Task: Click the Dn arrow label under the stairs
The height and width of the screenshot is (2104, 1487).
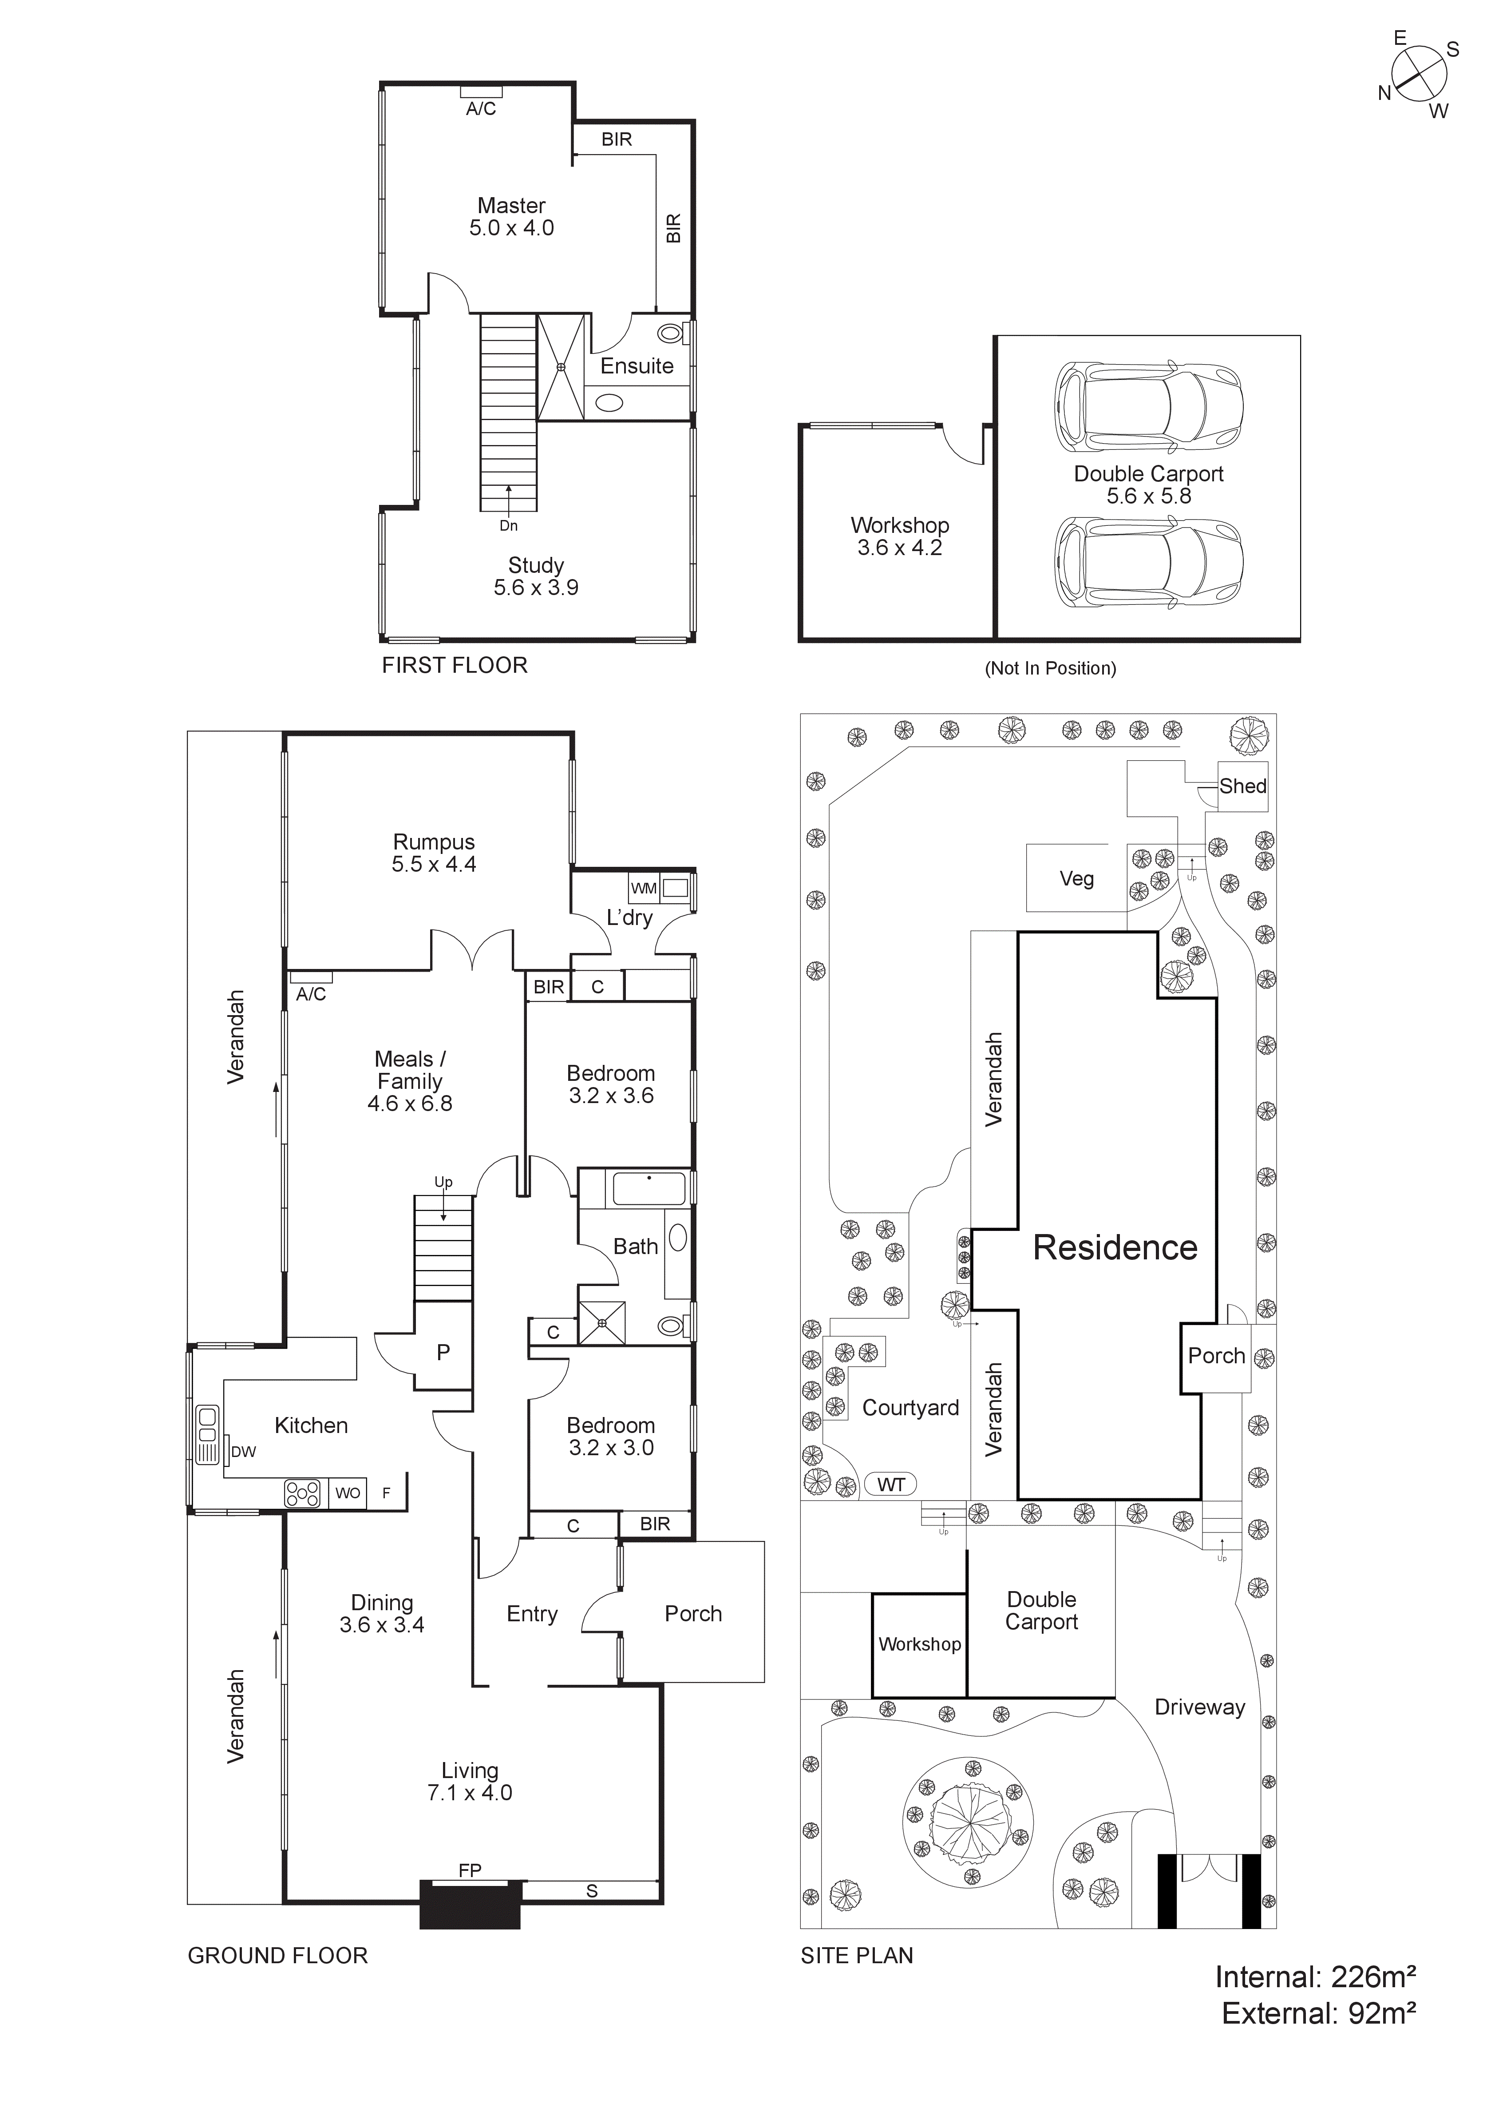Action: [509, 525]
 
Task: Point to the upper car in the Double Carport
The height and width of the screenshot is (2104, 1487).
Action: [1148, 406]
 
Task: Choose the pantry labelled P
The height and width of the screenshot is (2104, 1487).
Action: [443, 1353]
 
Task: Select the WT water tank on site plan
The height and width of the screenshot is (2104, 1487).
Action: [890, 1485]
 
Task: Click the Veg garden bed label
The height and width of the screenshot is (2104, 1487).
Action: [1076, 879]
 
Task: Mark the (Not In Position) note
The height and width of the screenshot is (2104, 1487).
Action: [1050, 668]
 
